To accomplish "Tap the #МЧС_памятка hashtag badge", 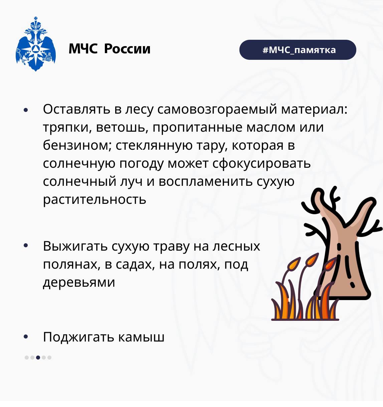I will coord(298,50).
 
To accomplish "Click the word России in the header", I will coord(127,49).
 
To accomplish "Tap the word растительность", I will coord(94,199).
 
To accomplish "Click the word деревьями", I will coord(79,282).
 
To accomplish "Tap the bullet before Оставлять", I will coord(26,110).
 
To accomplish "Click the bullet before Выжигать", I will coord(26,246).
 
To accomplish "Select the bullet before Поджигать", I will coord(26,337).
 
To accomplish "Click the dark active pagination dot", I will coord(38,358).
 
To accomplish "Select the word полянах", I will coord(71,264).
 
